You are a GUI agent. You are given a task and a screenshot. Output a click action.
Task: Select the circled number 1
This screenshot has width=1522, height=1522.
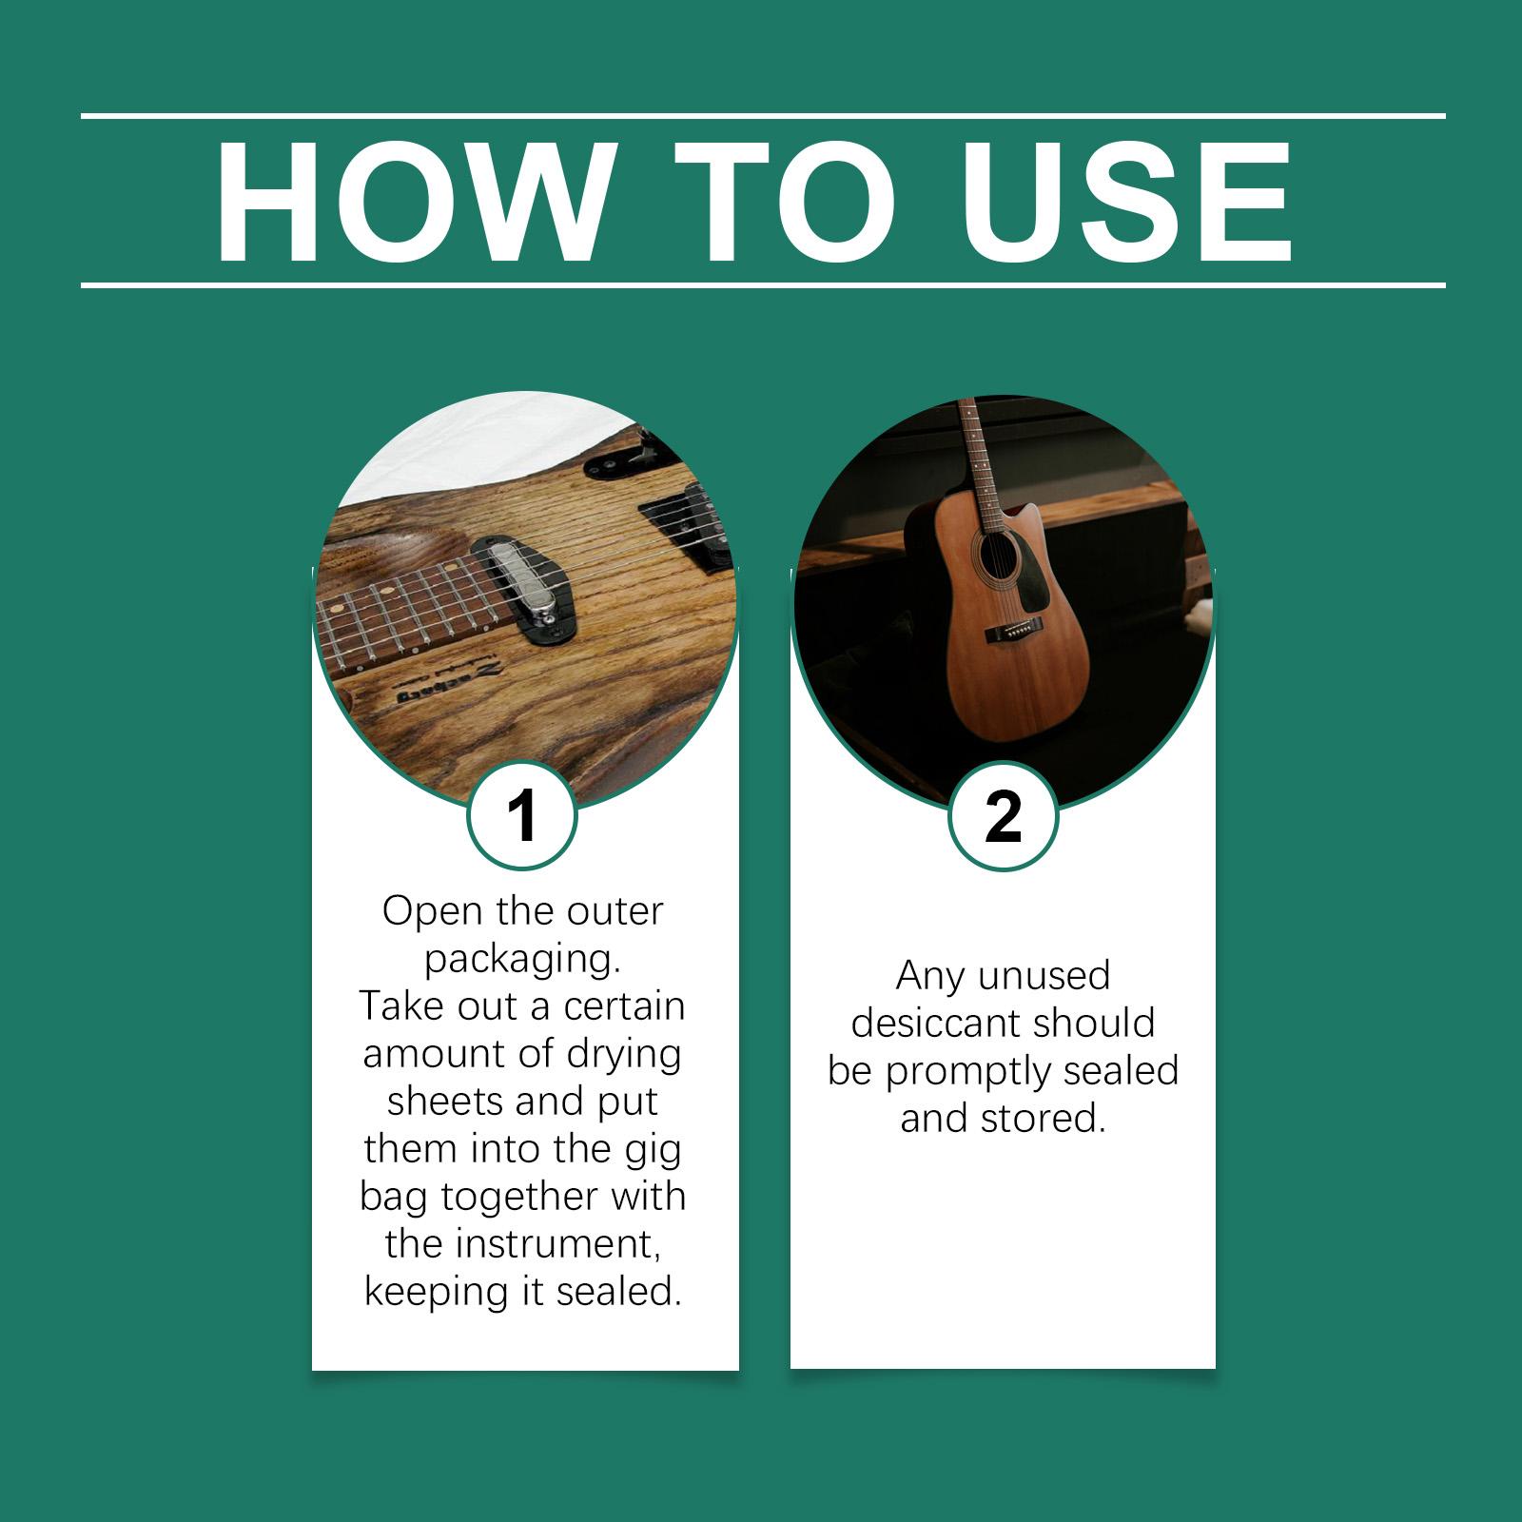(522, 815)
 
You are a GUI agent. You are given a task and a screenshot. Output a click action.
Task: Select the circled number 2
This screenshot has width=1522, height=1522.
(1004, 815)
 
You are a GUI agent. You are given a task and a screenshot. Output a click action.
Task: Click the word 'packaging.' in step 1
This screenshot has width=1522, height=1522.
(522, 959)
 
